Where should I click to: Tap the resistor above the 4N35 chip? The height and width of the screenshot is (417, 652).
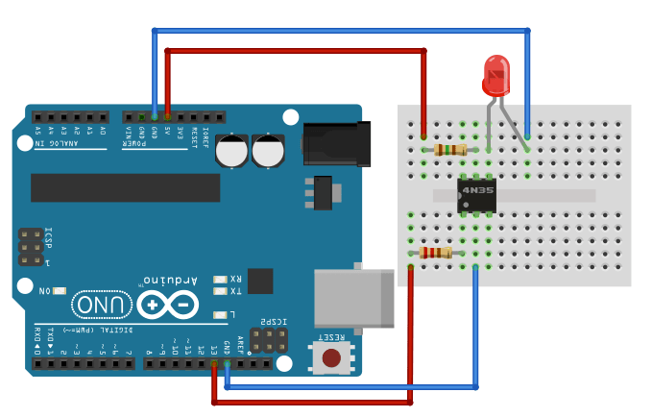pyautogui.click(x=449, y=149)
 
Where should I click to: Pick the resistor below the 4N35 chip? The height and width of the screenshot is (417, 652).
pyautogui.click(x=436, y=253)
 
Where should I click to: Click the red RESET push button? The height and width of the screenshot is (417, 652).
pyautogui.click(x=331, y=358)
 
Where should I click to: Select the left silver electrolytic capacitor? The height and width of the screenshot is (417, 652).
pyautogui.click(x=233, y=151)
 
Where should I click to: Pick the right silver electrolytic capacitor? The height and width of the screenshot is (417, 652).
pyautogui.click(x=269, y=151)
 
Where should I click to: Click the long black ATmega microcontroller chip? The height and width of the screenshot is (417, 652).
pyautogui.click(x=125, y=187)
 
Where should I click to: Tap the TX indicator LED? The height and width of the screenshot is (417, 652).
pyautogui.click(x=220, y=291)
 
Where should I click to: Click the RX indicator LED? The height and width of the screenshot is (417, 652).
pyautogui.click(x=220, y=279)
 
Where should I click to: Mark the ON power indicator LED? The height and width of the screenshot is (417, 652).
pyautogui.click(x=60, y=290)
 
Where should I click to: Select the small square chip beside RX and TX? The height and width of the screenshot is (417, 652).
pyautogui.click(x=260, y=281)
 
